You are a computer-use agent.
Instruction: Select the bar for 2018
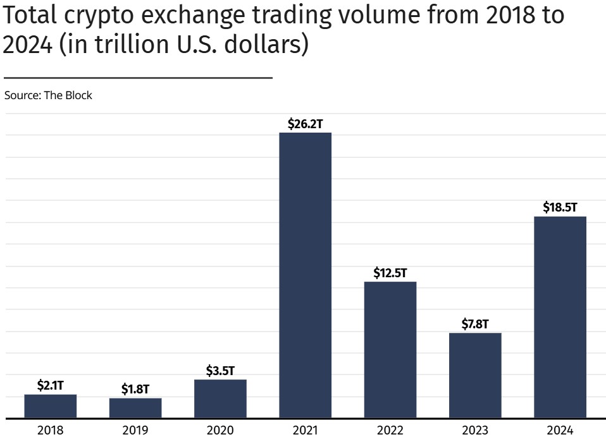(x=51, y=406)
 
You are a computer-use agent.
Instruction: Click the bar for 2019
(x=135, y=408)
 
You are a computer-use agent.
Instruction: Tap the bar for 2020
(x=220, y=398)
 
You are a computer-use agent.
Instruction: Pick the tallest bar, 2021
(x=305, y=275)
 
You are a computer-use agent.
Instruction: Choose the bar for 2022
(x=390, y=349)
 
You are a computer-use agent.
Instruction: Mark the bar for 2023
(x=475, y=375)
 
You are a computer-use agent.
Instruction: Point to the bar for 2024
(x=560, y=317)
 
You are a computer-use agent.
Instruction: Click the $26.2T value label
(x=305, y=124)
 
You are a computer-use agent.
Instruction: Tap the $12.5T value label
(x=390, y=273)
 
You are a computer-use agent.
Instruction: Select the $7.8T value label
(x=475, y=324)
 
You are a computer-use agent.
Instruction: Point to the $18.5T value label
(x=560, y=208)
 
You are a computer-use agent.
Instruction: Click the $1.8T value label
(x=135, y=389)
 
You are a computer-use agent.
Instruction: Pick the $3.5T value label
(x=220, y=371)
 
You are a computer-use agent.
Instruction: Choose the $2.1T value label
(x=51, y=385)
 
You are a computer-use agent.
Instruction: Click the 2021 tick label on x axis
(x=305, y=430)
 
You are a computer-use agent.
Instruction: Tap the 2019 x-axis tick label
(x=135, y=430)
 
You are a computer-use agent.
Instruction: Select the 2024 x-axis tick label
(x=560, y=430)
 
